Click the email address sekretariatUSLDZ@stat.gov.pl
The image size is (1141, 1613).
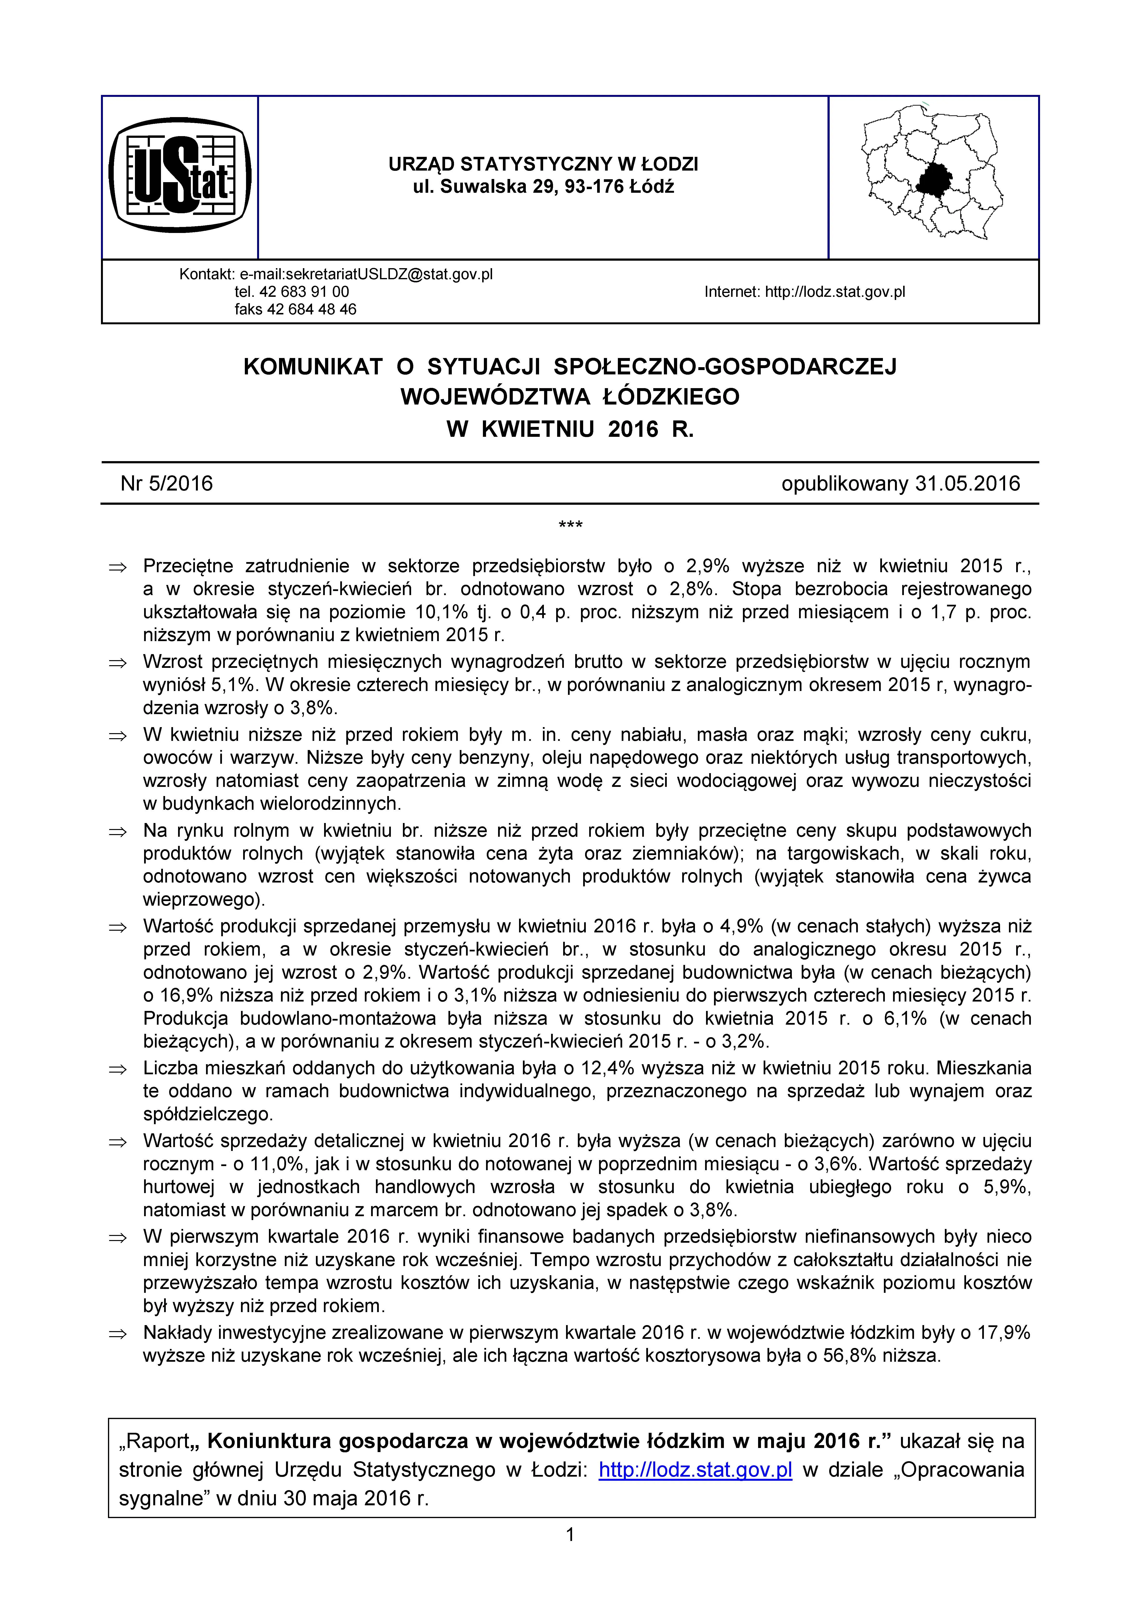click(366, 274)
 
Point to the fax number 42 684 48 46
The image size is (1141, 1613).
click(312, 309)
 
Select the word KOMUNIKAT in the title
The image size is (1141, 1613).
click(313, 367)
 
